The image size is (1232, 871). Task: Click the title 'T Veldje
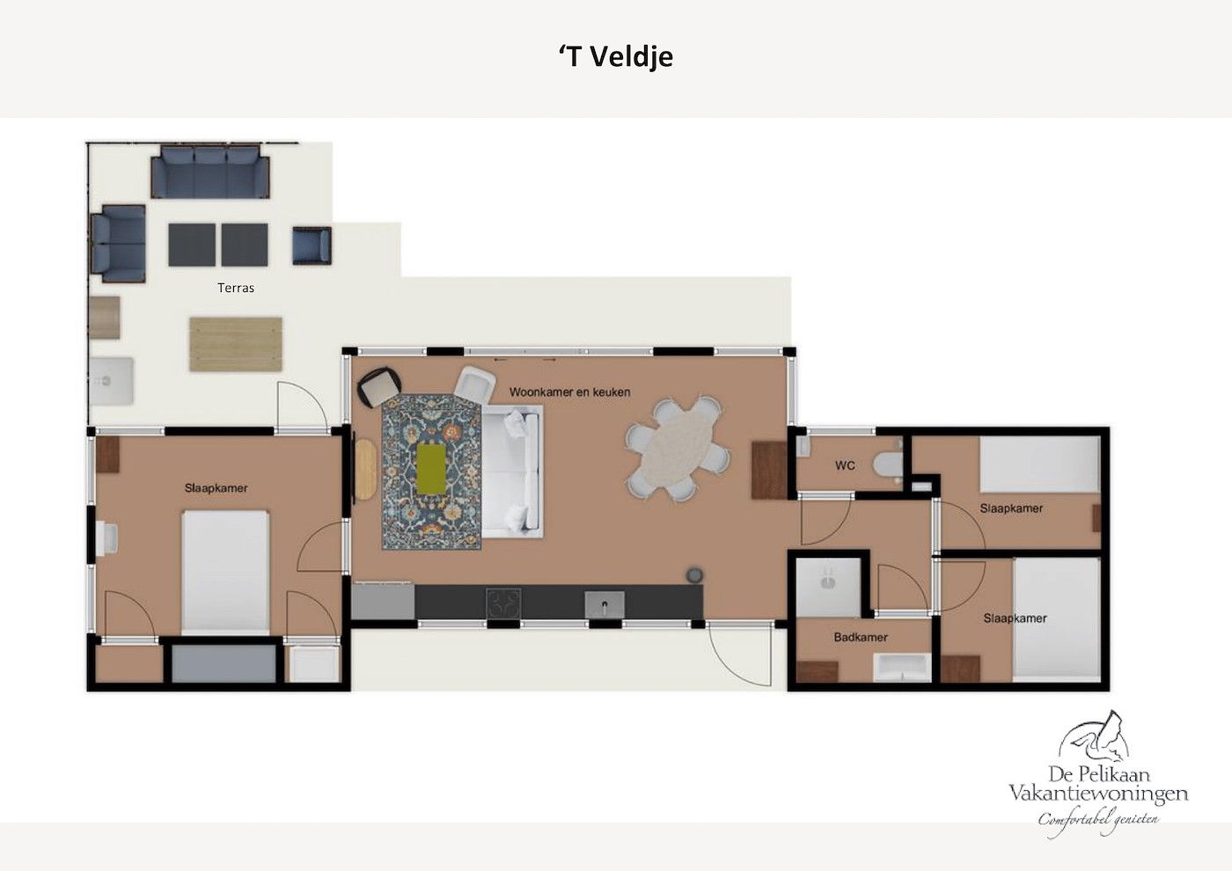click(x=616, y=56)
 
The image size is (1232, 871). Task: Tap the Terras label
click(x=236, y=288)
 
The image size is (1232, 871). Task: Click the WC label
click(x=845, y=465)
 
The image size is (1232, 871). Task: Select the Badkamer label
click(x=861, y=637)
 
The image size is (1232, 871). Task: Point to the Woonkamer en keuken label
click(x=570, y=392)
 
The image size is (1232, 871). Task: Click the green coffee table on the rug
click(x=431, y=470)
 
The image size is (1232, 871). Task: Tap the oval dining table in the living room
click(x=678, y=448)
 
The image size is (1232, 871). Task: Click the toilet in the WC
click(x=888, y=465)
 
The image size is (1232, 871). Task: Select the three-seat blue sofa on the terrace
click(x=210, y=171)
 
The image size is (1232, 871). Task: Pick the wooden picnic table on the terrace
click(x=236, y=344)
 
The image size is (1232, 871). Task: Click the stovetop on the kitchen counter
click(x=503, y=604)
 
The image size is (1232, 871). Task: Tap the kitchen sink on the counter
click(x=605, y=605)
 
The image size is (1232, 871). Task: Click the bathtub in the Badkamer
click(x=902, y=668)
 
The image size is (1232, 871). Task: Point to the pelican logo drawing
click(x=1095, y=740)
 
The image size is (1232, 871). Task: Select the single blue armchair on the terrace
click(x=312, y=245)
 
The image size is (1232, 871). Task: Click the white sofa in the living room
click(x=512, y=472)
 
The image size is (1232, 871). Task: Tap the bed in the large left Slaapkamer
click(x=225, y=573)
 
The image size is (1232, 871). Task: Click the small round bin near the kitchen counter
click(x=694, y=575)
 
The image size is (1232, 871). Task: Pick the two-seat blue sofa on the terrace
click(x=118, y=244)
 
